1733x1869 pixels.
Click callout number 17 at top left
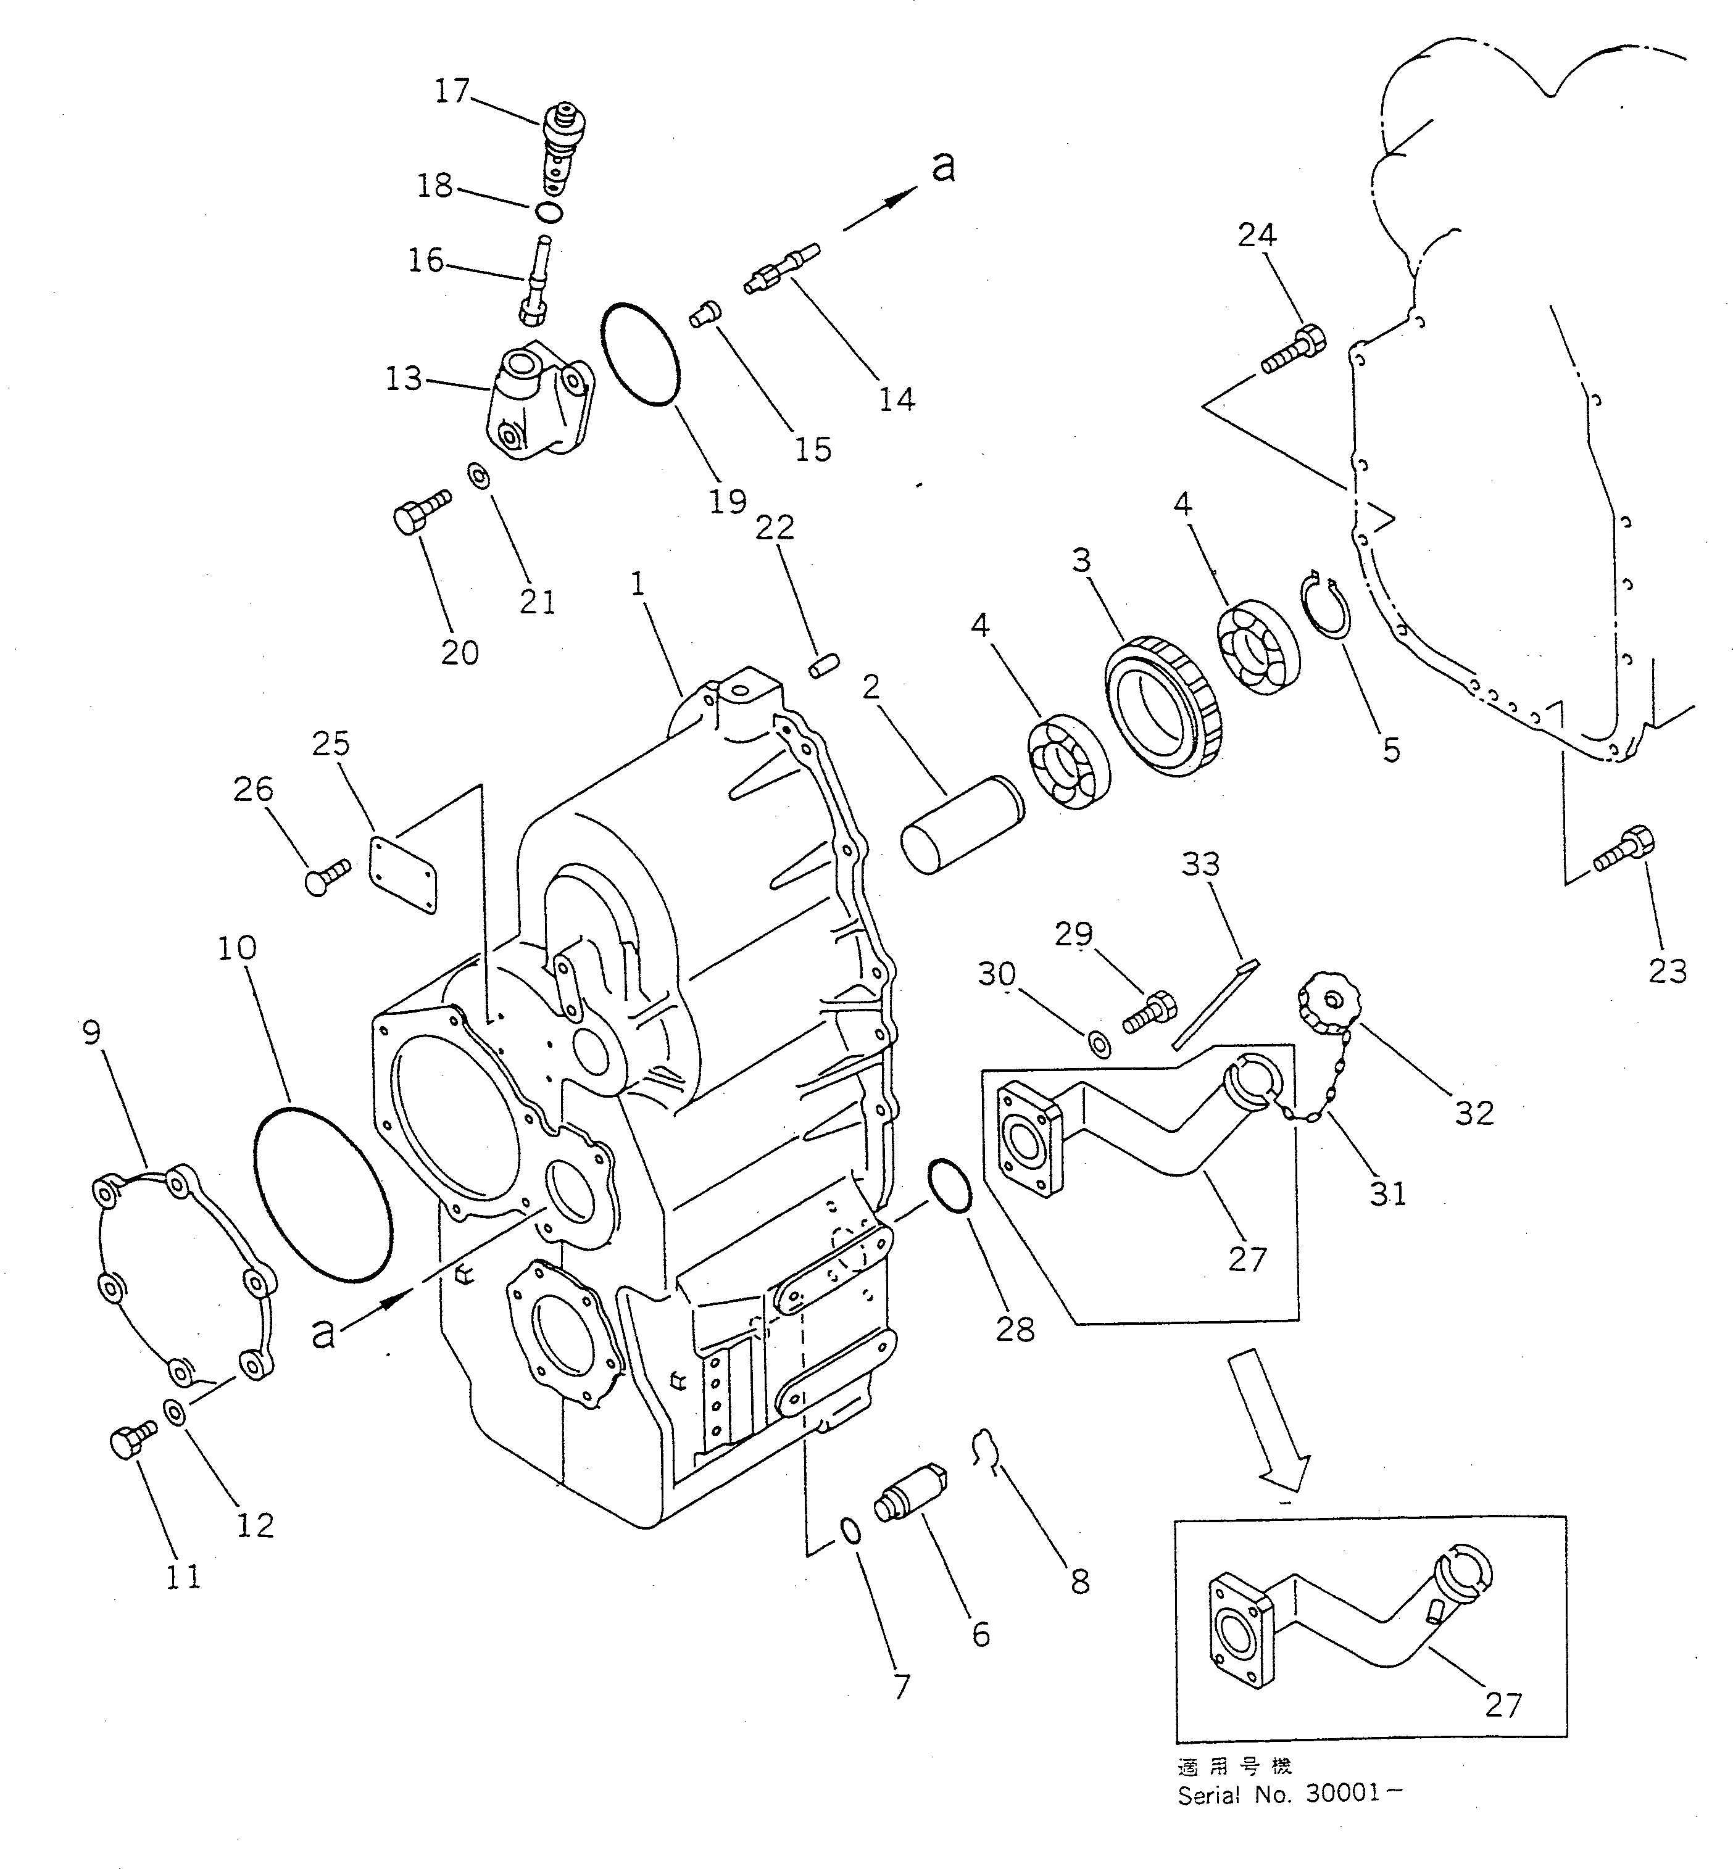pos(451,91)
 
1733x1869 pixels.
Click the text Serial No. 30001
pos(1289,1794)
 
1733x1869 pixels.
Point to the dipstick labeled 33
pos(1215,1003)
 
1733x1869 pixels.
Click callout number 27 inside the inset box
pos(1502,1704)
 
